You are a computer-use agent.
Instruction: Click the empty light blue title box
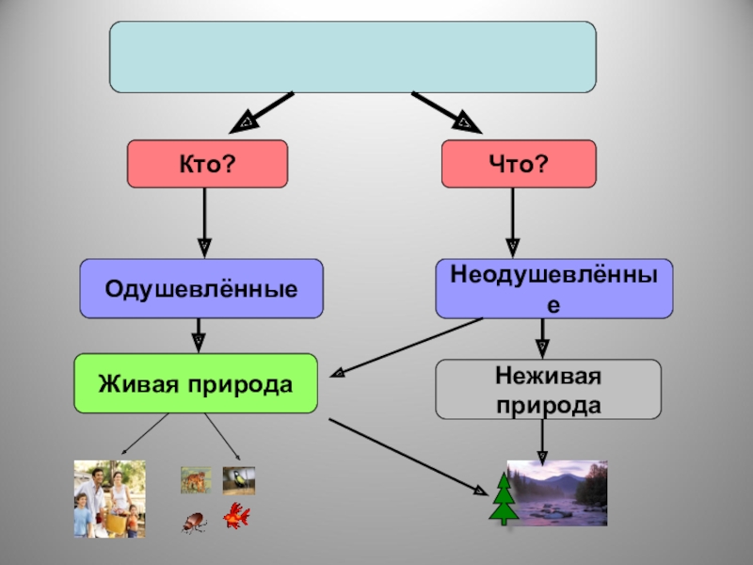coord(353,56)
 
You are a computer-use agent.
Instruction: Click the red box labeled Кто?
coord(207,164)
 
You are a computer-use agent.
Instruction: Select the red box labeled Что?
coord(519,164)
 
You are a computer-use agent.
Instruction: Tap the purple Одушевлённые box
coord(201,288)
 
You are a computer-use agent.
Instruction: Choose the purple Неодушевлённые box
coord(553,288)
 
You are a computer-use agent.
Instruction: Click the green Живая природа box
coord(196,383)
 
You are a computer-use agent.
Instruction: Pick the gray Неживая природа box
coord(548,389)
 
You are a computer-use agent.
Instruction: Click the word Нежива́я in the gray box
coord(548,377)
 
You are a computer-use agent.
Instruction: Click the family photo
coord(109,499)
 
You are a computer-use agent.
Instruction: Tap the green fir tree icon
coord(504,499)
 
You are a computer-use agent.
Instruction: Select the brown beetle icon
coord(195,521)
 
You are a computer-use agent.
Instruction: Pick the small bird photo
coord(239,480)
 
